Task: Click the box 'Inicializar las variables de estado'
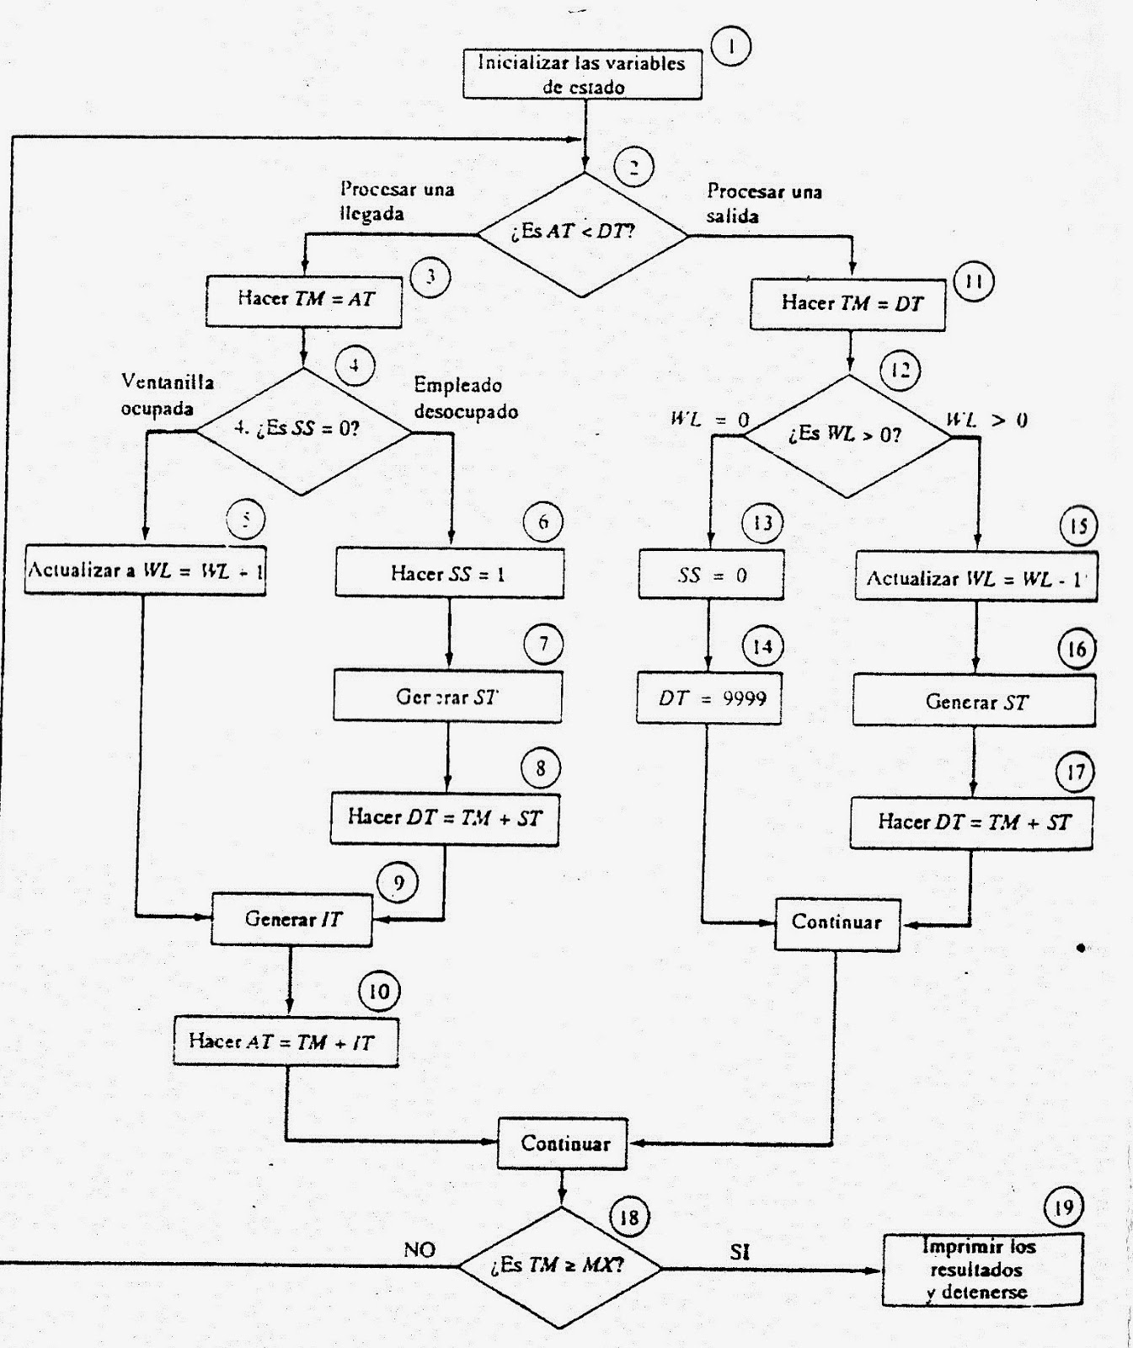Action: (582, 75)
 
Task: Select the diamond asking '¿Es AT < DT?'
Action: (583, 234)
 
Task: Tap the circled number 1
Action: (730, 48)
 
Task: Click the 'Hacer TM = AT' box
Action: (303, 300)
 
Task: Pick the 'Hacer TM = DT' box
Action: (847, 304)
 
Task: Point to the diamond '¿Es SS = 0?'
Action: (303, 431)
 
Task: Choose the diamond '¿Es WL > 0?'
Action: (847, 436)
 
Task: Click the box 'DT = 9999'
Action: (708, 698)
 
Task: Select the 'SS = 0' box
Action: (711, 575)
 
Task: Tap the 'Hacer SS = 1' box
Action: (449, 574)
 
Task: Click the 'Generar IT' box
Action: (291, 919)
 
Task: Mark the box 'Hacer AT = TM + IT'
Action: (286, 1042)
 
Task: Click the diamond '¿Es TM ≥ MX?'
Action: (560, 1266)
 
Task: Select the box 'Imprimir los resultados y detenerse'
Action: (982, 1270)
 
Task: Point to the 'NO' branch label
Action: (420, 1250)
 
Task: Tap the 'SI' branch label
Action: (740, 1252)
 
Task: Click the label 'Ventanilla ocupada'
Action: (167, 395)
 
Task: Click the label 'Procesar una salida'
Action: (763, 203)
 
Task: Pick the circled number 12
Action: (901, 370)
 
